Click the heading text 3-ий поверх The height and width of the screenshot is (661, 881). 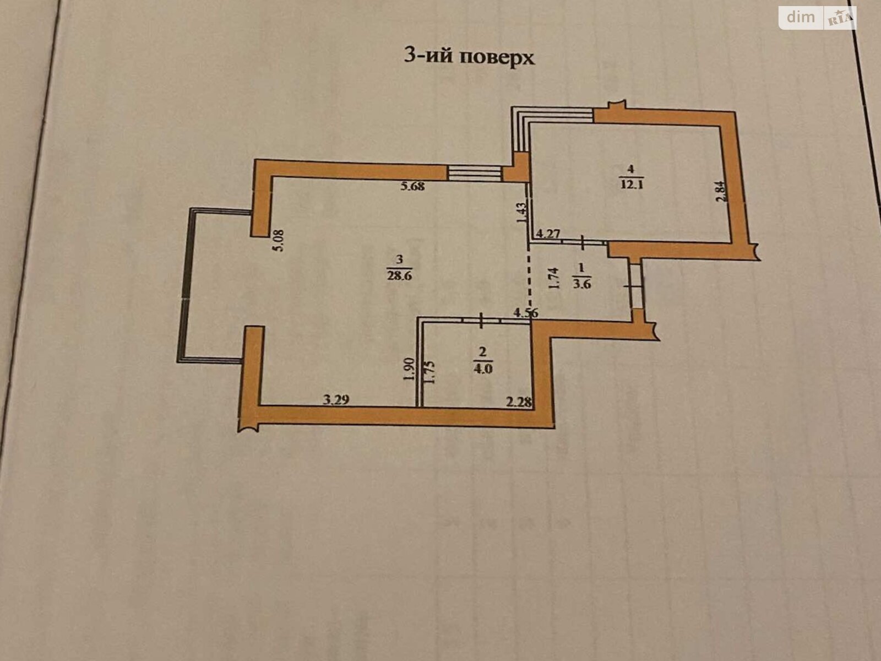[x=469, y=57]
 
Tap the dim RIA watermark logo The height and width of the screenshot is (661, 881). [x=818, y=18]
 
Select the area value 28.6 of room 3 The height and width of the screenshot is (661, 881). [x=399, y=276]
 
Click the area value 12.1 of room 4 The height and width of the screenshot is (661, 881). [x=632, y=186]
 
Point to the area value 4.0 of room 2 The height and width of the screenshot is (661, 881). [x=482, y=368]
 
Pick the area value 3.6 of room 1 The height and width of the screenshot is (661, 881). [x=581, y=284]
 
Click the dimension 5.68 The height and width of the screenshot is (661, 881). [x=412, y=186]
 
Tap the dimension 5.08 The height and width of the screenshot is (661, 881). [x=278, y=240]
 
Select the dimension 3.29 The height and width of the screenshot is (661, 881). [x=336, y=399]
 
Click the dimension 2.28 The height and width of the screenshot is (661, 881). [x=519, y=402]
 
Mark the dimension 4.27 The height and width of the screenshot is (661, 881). [x=548, y=233]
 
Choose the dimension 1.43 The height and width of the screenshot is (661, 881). [x=521, y=214]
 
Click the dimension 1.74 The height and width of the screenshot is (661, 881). [x=553, y=279]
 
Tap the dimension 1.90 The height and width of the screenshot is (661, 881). [x=408, y=370]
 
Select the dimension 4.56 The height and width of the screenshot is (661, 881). [x=526, y=313]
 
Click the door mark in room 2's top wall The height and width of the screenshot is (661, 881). [x=481, y=320]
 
